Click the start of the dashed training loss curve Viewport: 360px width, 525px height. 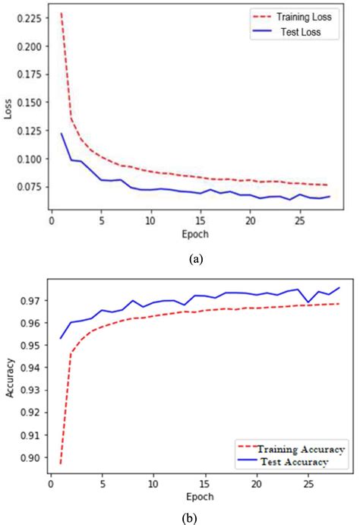click(x=61, y=14)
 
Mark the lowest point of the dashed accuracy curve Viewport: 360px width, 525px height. click(x=61, y=463)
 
